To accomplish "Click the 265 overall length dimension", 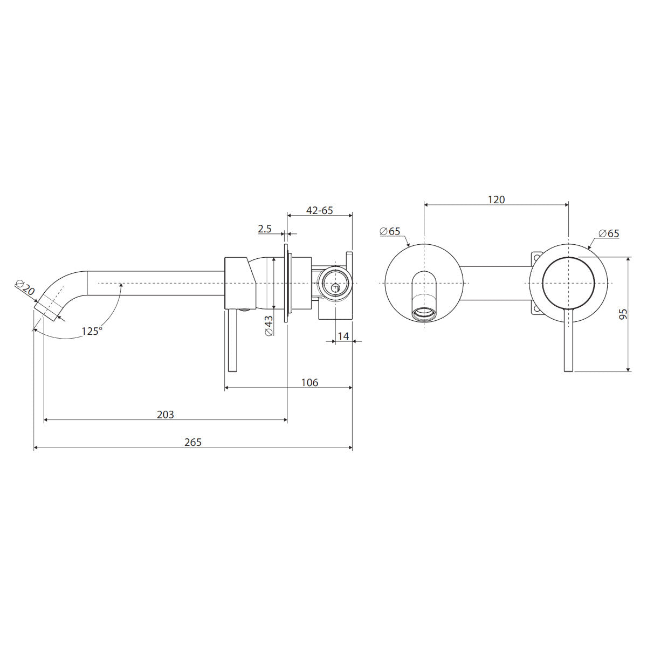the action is click(192, 442).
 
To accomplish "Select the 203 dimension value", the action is click(165, 415).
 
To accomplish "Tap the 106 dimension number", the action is click(309, 382).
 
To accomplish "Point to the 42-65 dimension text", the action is click(319, 210).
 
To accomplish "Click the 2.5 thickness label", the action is click(265, 229).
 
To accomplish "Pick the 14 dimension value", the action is click(343, 336).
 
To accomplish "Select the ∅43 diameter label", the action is click(269, 326).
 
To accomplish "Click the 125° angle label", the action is click(92, 331).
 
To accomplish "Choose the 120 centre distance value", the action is click(496, 199).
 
